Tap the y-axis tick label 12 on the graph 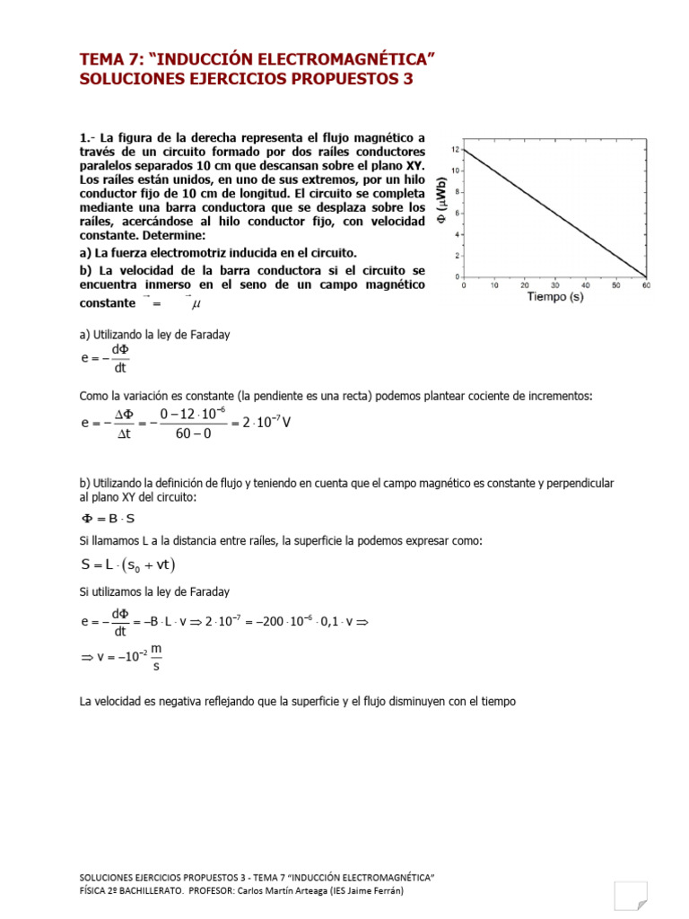(455, 149)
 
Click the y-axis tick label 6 (458, 213)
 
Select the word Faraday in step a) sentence (210, 335)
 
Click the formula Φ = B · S (109, 519)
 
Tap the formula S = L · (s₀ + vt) (128, 565)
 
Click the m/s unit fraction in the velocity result (156, 658)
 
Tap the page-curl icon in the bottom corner (630, 895)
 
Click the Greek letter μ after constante (196, 305)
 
